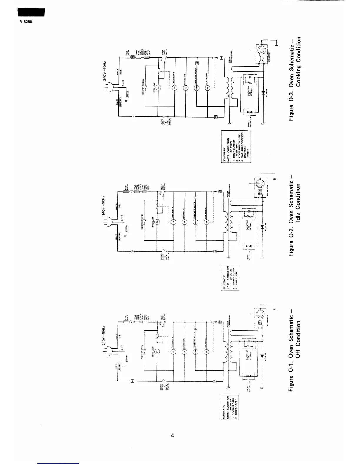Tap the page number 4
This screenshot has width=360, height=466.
(x=173, y=436)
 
